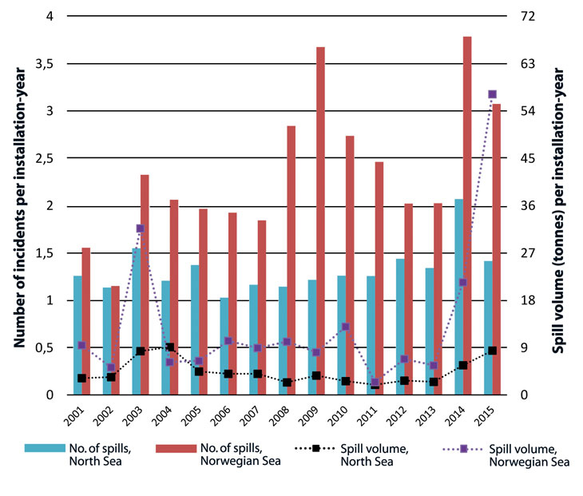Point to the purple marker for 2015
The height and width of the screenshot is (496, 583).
tap(493, 94)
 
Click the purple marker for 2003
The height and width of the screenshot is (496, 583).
tap(140, 228)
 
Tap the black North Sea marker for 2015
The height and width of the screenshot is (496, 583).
tap(493, 351)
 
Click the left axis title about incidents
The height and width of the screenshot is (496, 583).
tap(18, 205)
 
